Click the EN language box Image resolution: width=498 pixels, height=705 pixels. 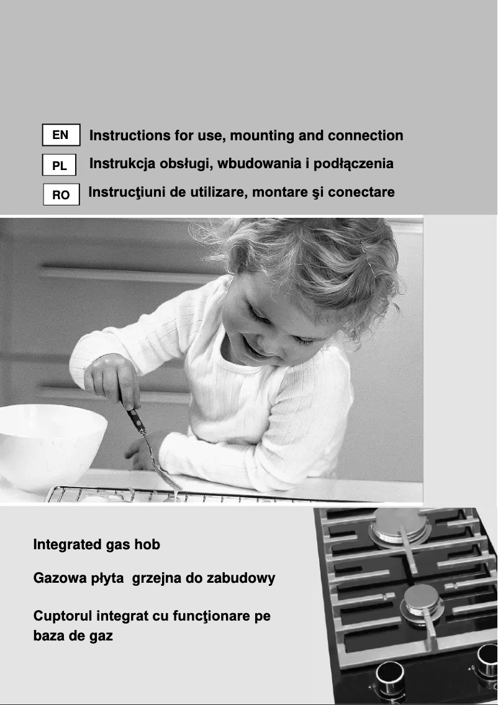point(61,135)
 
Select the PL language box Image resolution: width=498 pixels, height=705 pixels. point(60,166)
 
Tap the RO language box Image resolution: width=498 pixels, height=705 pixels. point(61,195)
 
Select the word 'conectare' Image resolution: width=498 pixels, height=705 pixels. point(361,192)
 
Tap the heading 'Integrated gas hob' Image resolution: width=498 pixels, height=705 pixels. point(96,545)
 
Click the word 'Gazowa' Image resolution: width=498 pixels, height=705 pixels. point(57,578)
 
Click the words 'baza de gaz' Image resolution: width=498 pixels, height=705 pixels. point(73,636)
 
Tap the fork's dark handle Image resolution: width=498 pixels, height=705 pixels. point(135,418)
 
